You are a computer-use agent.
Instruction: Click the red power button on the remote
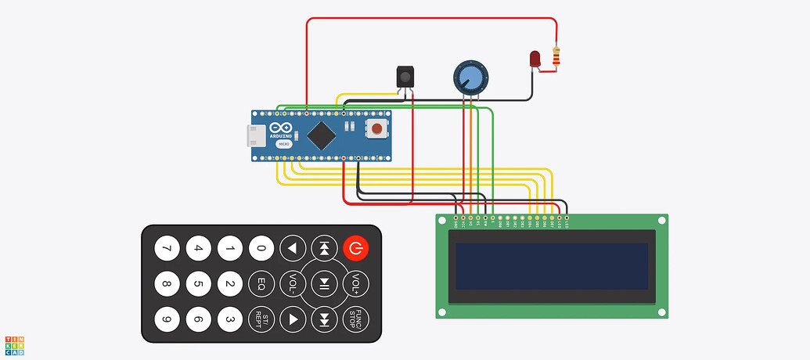[355, 249]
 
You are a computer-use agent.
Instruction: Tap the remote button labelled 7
[166, 249]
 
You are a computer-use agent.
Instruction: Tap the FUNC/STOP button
[355, 319]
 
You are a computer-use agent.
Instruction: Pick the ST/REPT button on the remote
[261, 319]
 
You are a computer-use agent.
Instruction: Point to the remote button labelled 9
[166, 319]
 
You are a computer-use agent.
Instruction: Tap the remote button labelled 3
[229, 319]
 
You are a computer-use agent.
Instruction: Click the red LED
[535, 59]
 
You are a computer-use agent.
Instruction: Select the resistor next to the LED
[556, 56]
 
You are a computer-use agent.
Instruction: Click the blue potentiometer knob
[470, 77]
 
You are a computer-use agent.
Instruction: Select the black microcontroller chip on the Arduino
[322, 135]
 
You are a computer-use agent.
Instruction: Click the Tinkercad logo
[14, 346]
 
